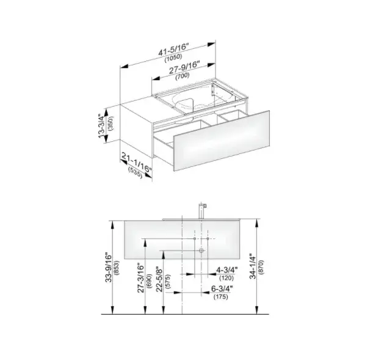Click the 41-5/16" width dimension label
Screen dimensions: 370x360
173,50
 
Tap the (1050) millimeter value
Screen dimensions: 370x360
173,58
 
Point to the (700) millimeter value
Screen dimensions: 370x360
183,76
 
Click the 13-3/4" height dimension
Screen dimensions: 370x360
102,126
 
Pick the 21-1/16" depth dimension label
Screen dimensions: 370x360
136,163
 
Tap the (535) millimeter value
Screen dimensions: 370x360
135,173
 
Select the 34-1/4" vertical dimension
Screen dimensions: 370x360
253,266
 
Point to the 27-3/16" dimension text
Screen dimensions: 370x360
141,279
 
